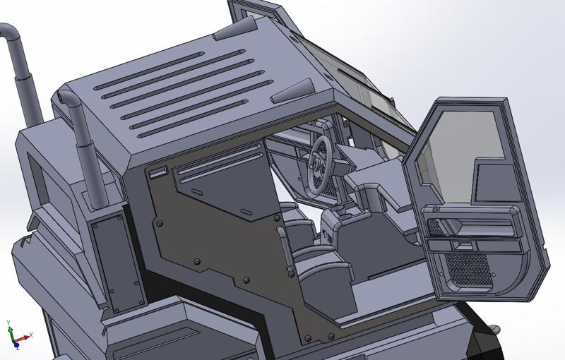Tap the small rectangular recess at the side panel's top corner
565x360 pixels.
click(x=157, y=172)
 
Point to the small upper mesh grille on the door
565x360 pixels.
click(x=439, y=227)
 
